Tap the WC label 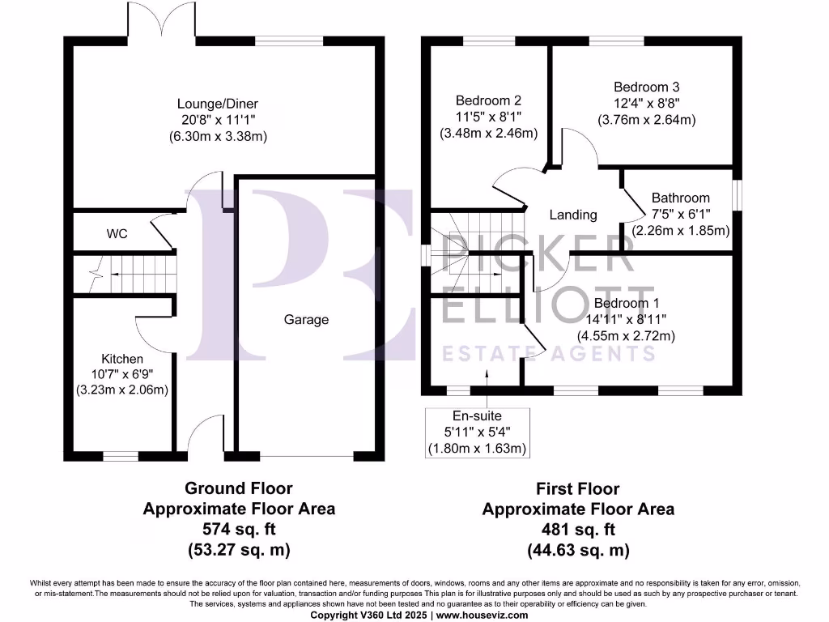117,234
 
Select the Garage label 306,319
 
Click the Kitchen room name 122,359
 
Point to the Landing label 573,215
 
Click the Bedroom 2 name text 488,101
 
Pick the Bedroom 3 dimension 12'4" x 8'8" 646,104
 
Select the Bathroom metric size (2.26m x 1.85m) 681,230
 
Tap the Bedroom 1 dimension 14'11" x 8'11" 626,319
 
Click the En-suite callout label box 477,432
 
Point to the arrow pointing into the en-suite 487,374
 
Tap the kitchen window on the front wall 120,456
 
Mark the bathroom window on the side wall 737,195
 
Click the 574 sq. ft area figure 239,530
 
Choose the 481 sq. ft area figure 578,530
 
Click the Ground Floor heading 239,488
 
